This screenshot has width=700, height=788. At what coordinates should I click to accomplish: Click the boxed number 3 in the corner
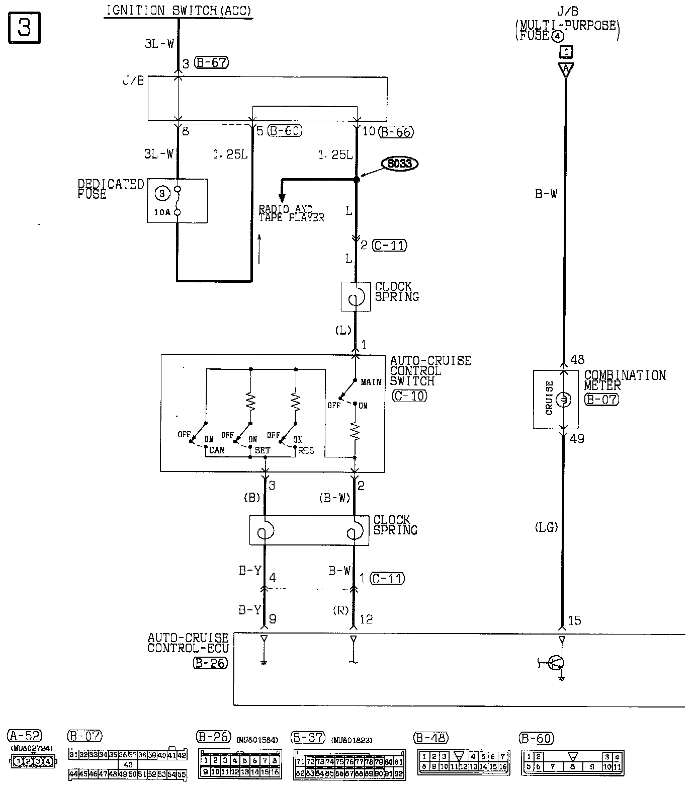[24, 28]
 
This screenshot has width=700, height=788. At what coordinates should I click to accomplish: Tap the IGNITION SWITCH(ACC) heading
[179, 10]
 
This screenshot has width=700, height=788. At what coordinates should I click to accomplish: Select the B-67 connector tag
[211, 63]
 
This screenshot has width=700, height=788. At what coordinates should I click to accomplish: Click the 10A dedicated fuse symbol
[177, 201]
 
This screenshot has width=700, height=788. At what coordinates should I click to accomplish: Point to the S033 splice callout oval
[400, 164]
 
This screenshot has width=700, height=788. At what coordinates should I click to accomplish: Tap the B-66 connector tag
[396, 132]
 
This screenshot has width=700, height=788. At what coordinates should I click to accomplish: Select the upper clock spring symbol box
[356, 297]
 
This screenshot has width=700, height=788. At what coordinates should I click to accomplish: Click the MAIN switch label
[371, 382]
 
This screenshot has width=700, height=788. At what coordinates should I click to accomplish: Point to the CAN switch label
[217, 450]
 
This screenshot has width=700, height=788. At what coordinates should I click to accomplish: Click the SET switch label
[262, 450]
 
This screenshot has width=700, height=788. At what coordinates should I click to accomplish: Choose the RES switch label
[306, 450]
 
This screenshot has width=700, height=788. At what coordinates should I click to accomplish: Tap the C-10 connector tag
[409, 396]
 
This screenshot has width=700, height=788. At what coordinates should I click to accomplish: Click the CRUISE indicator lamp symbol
[563, 400]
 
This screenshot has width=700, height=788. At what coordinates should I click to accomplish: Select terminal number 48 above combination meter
[578, 359]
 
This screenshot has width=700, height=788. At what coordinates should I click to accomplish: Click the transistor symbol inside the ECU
[556, 663]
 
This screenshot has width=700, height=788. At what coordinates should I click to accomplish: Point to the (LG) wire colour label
[546, 527]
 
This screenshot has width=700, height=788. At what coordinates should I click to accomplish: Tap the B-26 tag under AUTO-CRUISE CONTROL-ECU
[210, 663]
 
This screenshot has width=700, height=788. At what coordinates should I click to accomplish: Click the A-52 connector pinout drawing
[33, 761]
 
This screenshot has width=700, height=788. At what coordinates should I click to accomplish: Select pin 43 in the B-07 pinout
[128, 764]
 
